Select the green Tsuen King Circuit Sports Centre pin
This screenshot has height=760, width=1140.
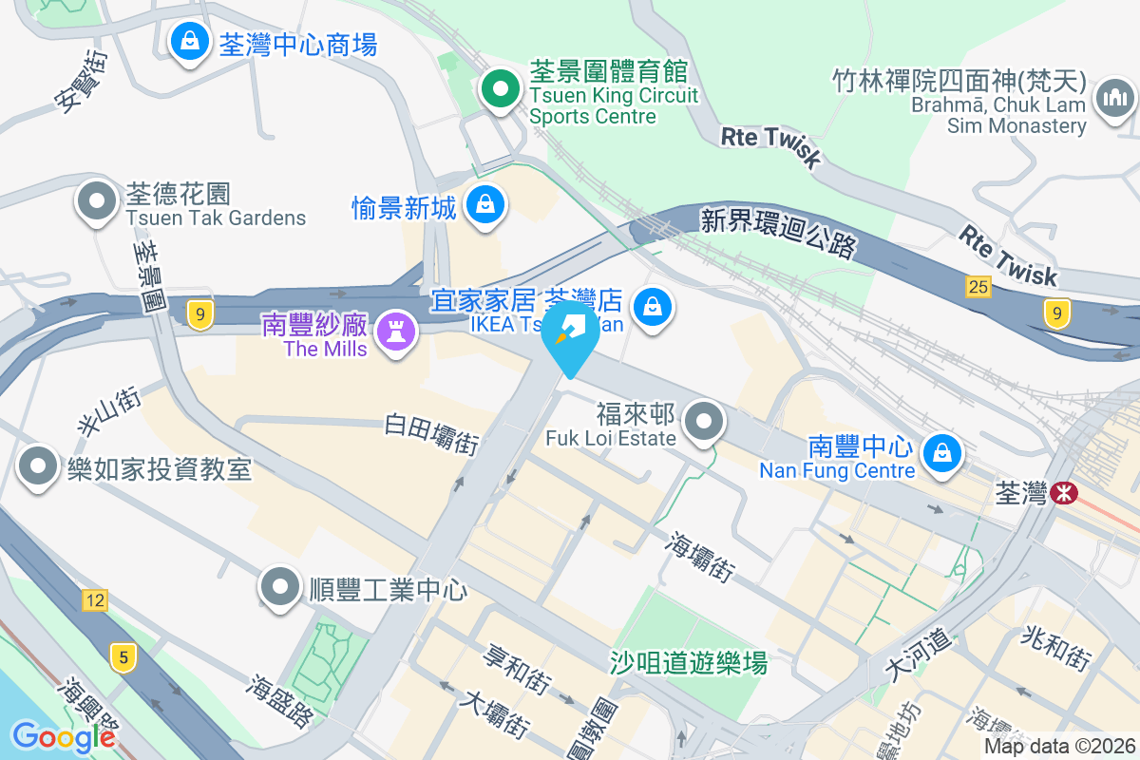coord(500,92)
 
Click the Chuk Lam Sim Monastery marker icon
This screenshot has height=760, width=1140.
coord(1115,98)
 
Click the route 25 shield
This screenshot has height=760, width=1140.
coord(978,286)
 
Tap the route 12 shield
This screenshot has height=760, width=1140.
coord(94,599)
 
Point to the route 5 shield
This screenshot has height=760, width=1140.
coord(121,655)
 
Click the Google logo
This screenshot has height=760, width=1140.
coord(64,736)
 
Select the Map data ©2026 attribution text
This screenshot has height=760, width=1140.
coord(1059,746)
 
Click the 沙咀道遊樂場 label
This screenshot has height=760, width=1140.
coord(689,662)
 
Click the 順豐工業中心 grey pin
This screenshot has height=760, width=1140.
coord(280,586)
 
